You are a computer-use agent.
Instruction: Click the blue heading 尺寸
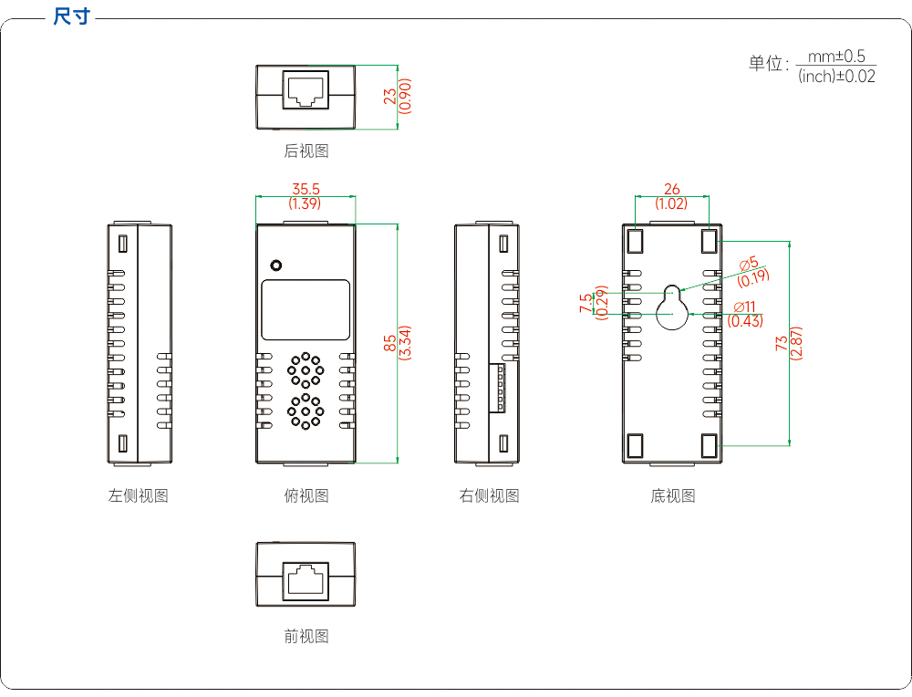(x=71, y=16)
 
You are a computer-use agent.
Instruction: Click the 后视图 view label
(x=306, y=151)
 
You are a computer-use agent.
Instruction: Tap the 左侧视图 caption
(x=139, y=495)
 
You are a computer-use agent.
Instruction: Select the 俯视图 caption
(x=306, y=495)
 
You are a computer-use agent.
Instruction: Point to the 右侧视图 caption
(x=489, y=495)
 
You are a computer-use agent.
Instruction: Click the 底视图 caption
(x=673, y=495)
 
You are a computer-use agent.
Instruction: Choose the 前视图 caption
(x=306, y=636)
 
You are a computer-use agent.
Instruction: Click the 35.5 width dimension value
(x=306, y=189)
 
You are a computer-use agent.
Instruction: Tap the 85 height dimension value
(x=390, y=343)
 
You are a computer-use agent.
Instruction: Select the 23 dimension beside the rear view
(x=390, y=96)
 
